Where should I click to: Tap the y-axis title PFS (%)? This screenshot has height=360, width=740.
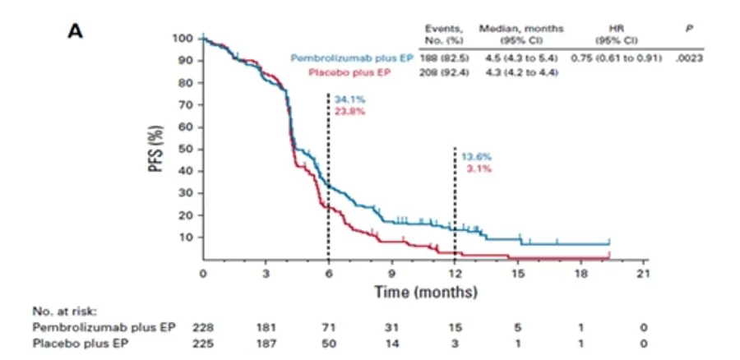[157, 148]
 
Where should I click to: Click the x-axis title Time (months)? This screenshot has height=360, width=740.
[426, 292]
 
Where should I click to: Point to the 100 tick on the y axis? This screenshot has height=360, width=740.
[183, 38]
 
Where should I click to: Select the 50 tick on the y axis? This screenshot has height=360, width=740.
[187, 149]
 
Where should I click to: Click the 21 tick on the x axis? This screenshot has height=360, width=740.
[644, 275]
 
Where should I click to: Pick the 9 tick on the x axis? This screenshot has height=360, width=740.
[391, 275]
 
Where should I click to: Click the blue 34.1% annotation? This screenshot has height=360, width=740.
[349, 99]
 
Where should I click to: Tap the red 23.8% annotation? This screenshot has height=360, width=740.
[349, 111]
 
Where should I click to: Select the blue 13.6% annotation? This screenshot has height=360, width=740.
[477, 158]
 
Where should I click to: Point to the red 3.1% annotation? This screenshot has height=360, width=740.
[479, 169]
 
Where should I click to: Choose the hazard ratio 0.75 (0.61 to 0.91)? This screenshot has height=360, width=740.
[617, 58]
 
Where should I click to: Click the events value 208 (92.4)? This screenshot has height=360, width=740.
[444, 72]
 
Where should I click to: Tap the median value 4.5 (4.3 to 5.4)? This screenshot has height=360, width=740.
[521, 58]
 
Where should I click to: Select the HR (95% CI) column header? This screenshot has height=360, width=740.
[617, 35]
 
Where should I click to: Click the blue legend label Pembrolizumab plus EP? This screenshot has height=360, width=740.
[352, 58]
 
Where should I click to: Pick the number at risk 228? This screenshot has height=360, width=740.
[203, 327]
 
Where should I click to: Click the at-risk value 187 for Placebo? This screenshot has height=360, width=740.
[266, 344]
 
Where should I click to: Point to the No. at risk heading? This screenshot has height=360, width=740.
[65, 312]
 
